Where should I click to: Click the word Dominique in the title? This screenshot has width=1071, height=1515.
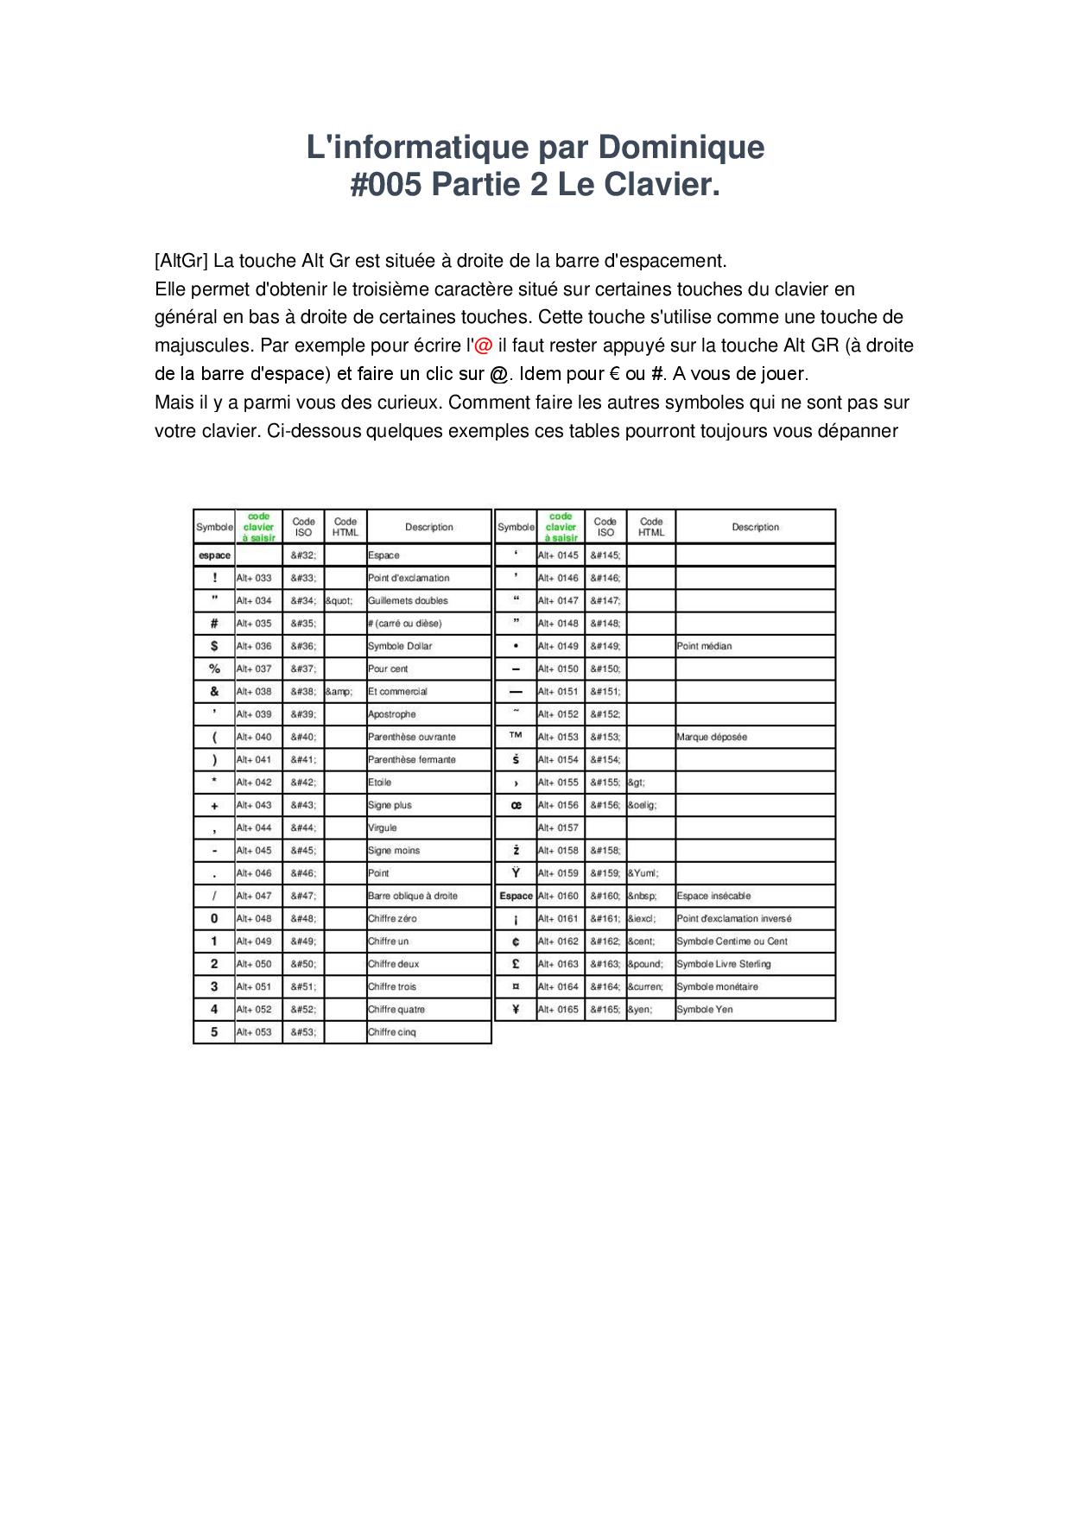pos(681,148)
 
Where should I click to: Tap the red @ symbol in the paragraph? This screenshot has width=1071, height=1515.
pos(484,345)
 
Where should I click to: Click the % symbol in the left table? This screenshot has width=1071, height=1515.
pos(214,669)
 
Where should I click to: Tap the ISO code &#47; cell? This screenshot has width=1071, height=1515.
pos(303,896)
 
